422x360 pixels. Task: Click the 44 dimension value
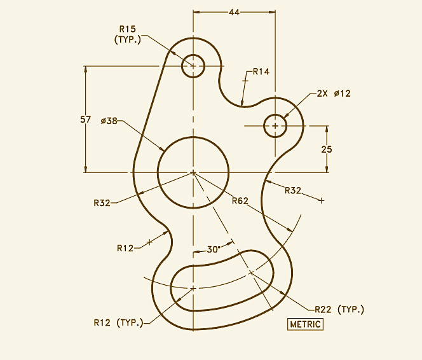(235, 13)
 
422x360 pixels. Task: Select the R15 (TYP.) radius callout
(128, 34)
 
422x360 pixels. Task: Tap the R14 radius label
(261, 72)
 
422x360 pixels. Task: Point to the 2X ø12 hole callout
(333, 93)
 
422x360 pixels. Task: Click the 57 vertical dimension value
(86, 120)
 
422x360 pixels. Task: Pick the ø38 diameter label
(109, 121)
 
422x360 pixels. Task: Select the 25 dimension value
(327, 149)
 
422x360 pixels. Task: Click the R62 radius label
(240, 201)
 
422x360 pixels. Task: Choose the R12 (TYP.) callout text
(118, 322)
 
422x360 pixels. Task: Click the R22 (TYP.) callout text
(339, 309)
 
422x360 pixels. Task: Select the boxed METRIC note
(306, 324)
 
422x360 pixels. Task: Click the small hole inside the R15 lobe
(193, 65)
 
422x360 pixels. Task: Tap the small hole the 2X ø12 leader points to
(275, 126)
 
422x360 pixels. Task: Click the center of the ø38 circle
(193, 172)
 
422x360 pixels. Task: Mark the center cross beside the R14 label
(245, 80)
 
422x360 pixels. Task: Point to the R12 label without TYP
(125, 247)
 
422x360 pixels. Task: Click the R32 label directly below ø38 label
(102, 203)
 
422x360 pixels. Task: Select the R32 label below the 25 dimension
(293, 190)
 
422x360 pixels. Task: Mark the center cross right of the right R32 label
(321, 200)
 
